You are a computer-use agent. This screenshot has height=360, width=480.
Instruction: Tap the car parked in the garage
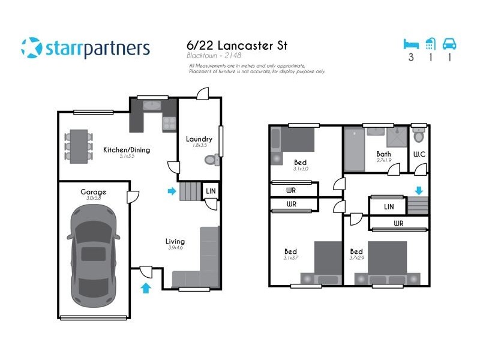[x=93, y=254]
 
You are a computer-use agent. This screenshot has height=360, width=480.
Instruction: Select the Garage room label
[x=94, y=192]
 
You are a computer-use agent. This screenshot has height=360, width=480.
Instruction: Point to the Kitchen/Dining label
[x=127, y=149]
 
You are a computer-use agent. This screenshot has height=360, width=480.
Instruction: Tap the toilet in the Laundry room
[x=211, y=160]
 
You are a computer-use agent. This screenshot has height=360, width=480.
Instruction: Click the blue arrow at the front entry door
[x=146, y=289]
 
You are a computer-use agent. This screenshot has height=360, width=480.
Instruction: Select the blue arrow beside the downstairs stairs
[x=172, y=191]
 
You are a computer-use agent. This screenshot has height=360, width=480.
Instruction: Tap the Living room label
[x=175, y=242]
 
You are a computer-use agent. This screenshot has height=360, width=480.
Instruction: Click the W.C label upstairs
[x=419, y=154]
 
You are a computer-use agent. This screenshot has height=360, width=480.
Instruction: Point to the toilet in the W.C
[x=419, y=136]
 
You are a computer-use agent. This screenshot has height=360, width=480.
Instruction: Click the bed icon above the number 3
[x=411, y=44]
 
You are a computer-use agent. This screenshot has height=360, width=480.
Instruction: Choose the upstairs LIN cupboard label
[x=388, y=207]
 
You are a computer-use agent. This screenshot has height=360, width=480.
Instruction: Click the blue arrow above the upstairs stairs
[x=419, y=190]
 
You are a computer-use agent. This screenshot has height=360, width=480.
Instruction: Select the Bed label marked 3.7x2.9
[x=356, y=251]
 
